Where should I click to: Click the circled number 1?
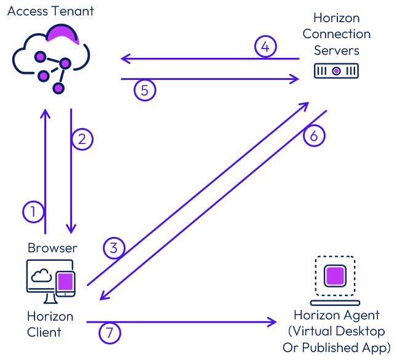pos(33,212)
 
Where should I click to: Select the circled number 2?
pos(82,139)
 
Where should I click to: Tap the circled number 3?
pos(113,248)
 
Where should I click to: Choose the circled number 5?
pos(145,90)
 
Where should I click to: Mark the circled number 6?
pos(313,136)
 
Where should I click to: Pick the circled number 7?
pos(110,333)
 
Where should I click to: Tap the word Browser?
pos(52,248)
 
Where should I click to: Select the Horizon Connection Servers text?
pos(336,34)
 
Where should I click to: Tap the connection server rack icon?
pos(336,71)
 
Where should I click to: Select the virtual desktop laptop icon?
pos(335,280)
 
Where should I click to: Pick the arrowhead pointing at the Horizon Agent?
pos(273,322)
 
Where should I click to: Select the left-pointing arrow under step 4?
pos(209,59)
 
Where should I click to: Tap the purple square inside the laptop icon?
pos(335,275)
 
